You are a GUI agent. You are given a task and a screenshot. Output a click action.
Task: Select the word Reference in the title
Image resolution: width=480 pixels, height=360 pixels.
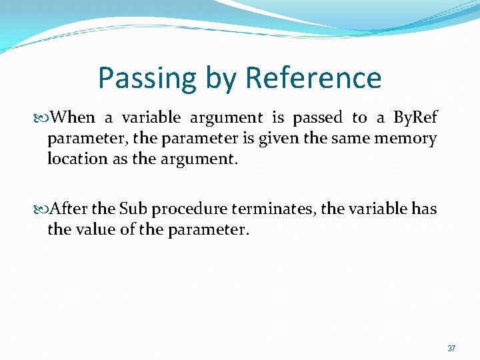[x=313, y=78]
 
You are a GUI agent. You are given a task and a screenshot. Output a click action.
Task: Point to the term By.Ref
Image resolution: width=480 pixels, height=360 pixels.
[x=415, y=118]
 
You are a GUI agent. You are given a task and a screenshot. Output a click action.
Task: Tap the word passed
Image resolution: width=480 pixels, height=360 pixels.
[x=317, y=118]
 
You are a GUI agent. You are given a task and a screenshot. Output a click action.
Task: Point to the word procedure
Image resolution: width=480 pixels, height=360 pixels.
[x=189, y=209]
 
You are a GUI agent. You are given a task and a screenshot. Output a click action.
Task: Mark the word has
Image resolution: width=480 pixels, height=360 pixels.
[x=424, y=209]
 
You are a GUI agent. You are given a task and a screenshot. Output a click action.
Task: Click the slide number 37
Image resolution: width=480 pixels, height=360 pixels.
[x=451, y=348]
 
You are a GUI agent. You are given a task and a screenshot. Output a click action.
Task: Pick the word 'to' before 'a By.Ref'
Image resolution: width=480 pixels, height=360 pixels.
[x=359, y=118]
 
